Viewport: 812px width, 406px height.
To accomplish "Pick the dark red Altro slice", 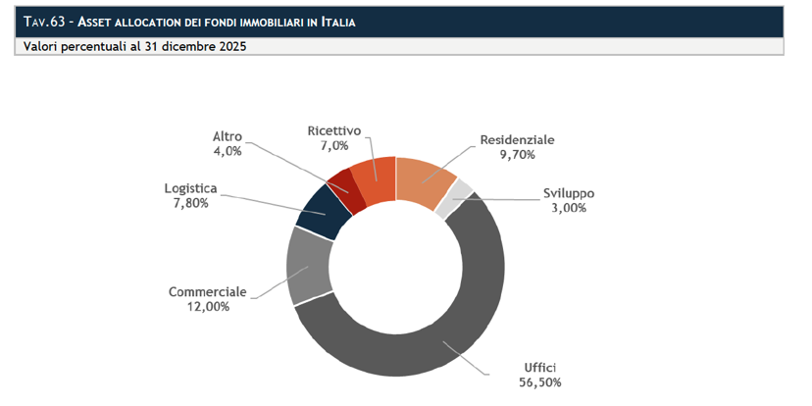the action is coord(347,191).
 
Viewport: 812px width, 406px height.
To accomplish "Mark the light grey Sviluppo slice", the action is coord(459,199).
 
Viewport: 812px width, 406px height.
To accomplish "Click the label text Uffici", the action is coord(540,368).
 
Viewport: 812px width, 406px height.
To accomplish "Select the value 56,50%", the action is coord(540,382).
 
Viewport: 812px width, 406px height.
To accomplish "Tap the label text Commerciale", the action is coord(208,292).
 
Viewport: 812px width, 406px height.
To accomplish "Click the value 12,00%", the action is coord(208,307).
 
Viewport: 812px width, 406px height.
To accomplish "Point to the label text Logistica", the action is coord(190,188).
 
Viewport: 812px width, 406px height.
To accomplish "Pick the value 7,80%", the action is coord(191,203).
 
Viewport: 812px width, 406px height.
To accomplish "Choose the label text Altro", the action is coord(228,136).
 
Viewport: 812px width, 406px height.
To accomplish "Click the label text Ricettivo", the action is coord(334,130).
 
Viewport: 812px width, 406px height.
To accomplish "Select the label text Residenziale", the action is coord(518,140).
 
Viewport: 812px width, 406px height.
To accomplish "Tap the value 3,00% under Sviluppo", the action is coord(569,208).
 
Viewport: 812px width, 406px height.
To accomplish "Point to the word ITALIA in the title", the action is coord(338,23).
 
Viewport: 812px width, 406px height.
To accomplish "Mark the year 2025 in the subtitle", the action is coord(232,47).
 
